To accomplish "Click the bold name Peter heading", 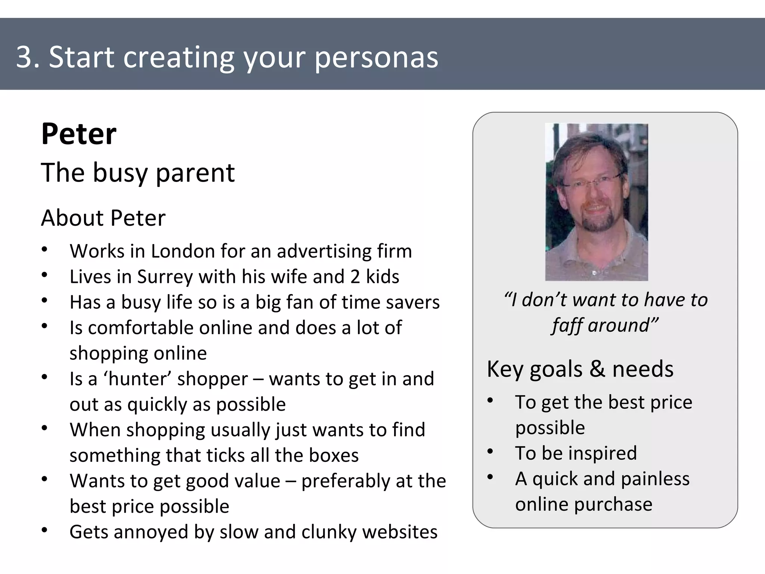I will [x=79, y=134].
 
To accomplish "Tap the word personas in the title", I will [x=376, y=58].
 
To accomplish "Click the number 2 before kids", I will [x=355, y=277].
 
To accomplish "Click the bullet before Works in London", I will [x=44, y=250].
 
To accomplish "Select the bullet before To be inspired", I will [x=490, y=452].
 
